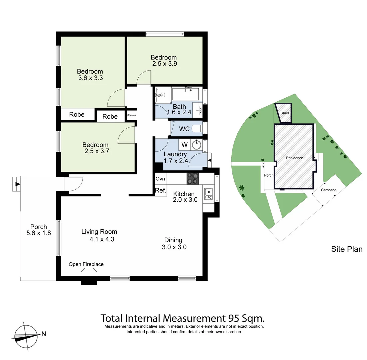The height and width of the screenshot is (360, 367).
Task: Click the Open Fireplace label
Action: click(x=86, y=264)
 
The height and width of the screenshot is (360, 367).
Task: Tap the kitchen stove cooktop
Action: click(x=193, y=179)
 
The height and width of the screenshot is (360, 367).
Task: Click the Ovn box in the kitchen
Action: click(x=160, y=179)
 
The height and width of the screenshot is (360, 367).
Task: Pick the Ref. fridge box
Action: click(x=160, y=191)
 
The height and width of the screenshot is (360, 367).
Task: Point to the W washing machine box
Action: click(x=184, y=145)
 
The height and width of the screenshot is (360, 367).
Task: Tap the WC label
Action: click(x=184, y=129)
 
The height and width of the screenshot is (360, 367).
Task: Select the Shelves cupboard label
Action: click(x=132, y=115)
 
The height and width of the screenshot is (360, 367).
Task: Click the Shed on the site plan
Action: click(x=284, y=113)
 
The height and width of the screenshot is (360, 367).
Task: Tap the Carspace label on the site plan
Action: click(x=328, y=190)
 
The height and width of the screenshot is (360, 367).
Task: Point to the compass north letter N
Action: click(x=43, y=333)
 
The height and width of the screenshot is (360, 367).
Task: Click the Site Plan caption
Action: click(x=346, y=249)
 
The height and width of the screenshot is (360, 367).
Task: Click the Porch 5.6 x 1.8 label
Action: click(x=38, y=230)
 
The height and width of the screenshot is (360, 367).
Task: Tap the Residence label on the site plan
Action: click(x=294, y=158)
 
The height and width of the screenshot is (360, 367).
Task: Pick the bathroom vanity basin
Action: click(x=198, y=110)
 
